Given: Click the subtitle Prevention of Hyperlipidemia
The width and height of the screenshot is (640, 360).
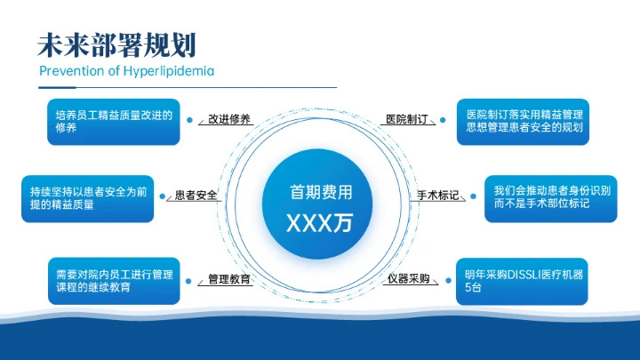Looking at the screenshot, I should [x=127, y=71].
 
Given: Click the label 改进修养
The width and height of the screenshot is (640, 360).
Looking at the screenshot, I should [x=224, y=119].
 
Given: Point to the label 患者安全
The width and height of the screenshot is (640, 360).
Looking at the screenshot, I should [x=196, y=196].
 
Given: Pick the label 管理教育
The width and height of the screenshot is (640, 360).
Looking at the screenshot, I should [x=228, y=279].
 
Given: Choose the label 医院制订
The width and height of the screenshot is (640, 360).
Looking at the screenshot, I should [x=407, y=119].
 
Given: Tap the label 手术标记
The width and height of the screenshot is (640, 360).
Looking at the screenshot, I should [x=438, y=196].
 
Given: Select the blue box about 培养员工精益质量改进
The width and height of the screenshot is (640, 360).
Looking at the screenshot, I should [x=114, y=121].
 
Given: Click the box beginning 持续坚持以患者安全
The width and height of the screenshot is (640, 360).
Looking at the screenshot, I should [x=87, y=197].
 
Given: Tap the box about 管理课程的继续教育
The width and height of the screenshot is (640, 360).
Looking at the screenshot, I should [x=114, y=281].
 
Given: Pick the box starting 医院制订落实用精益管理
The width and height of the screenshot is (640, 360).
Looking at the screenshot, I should [x=524, y=121].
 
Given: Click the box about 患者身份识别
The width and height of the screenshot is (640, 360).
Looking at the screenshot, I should [x=550, y=197].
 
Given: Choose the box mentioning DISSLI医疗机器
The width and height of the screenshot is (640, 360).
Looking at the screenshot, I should [x=524, y=281].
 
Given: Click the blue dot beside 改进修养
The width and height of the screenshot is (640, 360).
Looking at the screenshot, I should [x=190, y=119].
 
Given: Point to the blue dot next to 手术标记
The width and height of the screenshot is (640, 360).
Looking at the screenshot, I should [x=470, y=196].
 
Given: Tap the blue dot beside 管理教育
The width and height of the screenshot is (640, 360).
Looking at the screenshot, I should [x=190, y=280].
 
